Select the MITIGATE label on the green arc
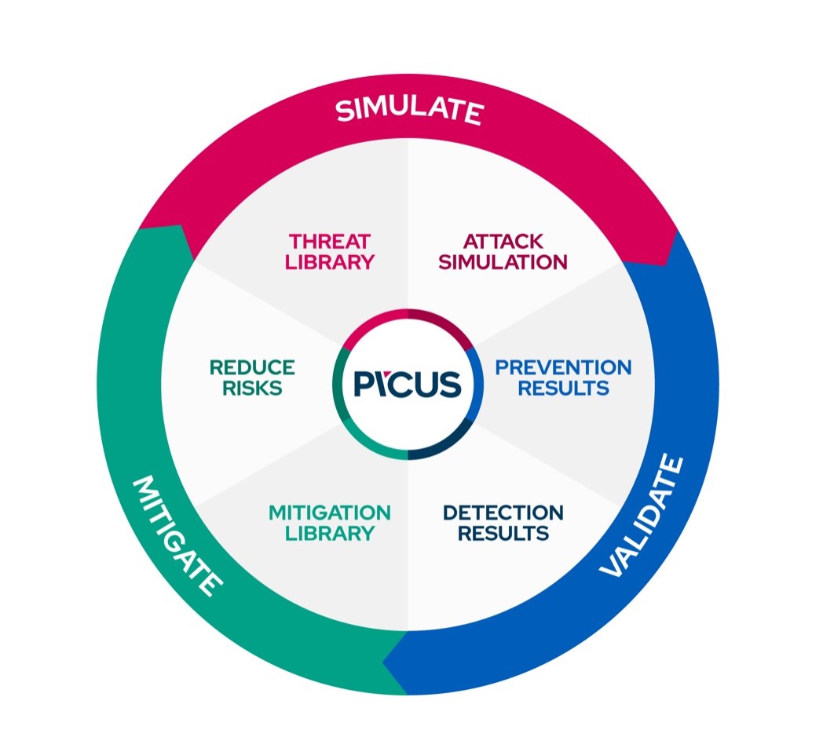177,535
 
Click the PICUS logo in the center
407,385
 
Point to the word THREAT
329,241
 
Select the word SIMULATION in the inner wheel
503,262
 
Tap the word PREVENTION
563,367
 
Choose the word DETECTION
503,513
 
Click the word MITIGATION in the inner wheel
329,513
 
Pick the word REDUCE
252,367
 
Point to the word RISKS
252,388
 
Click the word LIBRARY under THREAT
329,262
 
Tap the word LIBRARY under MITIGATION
329,534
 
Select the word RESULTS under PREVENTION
563,388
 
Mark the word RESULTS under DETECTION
503,534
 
